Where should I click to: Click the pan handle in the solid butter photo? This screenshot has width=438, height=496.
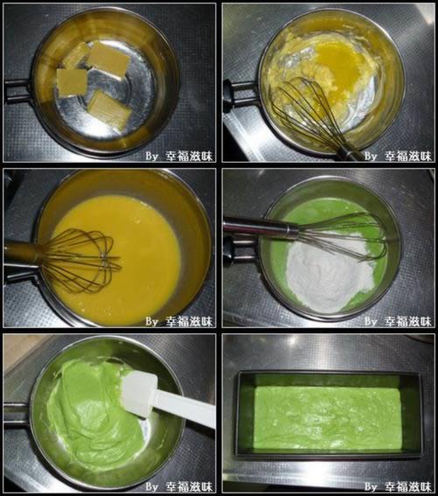18,92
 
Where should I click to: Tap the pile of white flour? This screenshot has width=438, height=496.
329,272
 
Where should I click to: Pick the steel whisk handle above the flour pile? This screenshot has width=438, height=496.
260,227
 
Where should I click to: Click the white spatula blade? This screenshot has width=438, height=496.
139,395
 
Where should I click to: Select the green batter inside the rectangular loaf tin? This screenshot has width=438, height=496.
328,417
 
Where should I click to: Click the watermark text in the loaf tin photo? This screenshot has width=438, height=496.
398,486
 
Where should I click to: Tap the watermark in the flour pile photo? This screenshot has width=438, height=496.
398,321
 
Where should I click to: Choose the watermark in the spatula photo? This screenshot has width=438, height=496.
180,486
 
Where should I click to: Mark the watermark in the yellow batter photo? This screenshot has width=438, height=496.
180,321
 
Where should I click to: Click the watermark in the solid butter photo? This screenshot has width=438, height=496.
180,156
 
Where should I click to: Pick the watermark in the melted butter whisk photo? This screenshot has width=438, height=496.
398,156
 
